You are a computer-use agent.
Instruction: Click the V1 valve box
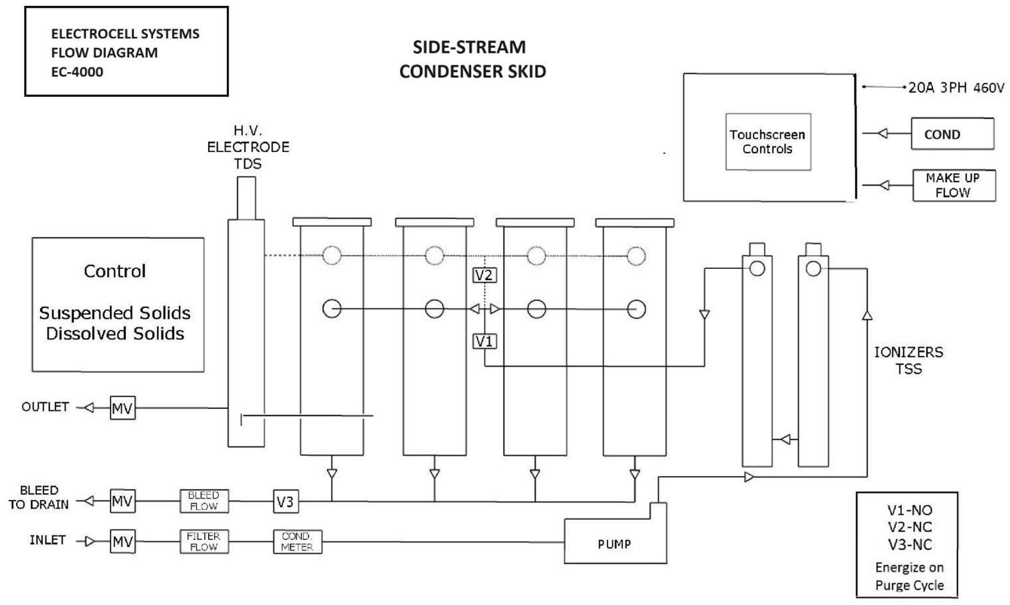point(484,341)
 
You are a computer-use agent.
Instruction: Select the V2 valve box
point(484,275)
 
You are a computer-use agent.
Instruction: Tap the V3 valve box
point(286,501)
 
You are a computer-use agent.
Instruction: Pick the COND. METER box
point(297,542)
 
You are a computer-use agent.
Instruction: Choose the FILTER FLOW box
point(204,542)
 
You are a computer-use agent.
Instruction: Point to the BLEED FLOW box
point(204,501)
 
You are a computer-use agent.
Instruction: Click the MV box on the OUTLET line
point(123,408)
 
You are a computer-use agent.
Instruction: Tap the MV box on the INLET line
point(123,541)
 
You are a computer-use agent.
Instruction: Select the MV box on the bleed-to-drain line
point(123,501)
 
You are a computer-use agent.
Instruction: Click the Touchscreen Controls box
point(768,142)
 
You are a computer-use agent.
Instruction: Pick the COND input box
point(952,134)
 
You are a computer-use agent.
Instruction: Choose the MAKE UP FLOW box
point(953,185)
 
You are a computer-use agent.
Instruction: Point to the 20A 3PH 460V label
point(956,88)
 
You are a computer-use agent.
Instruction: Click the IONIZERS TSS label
point(908,360)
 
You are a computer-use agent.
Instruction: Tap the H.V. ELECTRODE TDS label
point(248,147)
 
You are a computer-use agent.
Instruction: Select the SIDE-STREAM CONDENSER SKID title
point(472,59)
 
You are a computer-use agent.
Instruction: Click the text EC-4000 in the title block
point(77,72)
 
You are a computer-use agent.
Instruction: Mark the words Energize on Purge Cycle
point(909,576)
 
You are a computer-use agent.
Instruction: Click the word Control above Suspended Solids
point(115,271)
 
